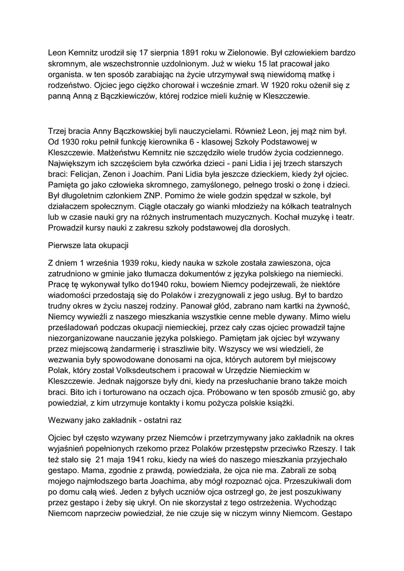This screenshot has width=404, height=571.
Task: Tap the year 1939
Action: [x=123, y=263]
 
